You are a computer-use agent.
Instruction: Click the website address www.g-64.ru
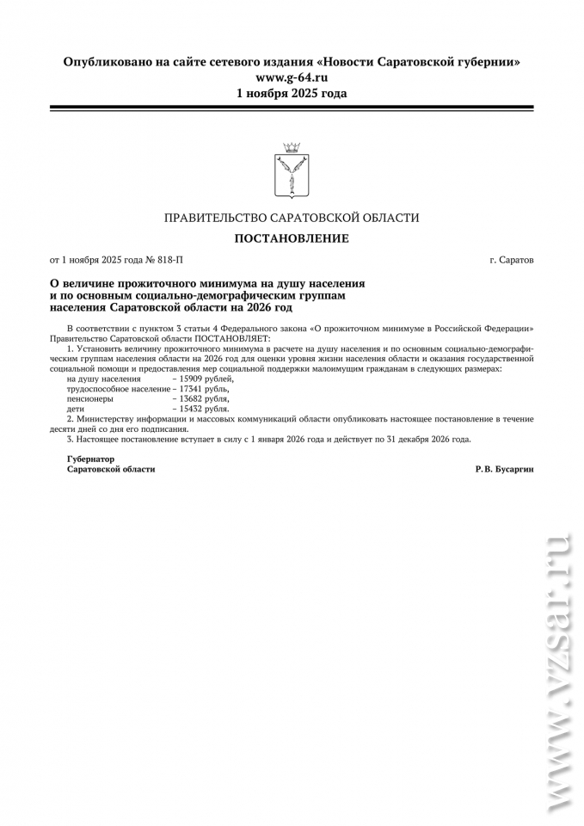pos(292,77)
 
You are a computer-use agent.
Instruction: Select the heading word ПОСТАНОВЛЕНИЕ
pos(292,238)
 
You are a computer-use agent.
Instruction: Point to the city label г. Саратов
pos(511,259)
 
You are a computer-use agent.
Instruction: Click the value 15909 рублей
pos(206,379)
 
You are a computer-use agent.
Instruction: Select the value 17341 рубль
pos(204,389)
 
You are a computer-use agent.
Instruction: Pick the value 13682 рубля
pos(204,399)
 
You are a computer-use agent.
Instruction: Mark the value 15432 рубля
pos(204,410)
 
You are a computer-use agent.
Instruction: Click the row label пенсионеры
pos(89,399)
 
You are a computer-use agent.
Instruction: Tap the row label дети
pos(76,410)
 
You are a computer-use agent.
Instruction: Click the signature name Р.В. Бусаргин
pos(503,469)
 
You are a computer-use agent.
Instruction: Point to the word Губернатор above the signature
pos(90,459)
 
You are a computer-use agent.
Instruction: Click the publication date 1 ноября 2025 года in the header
pos(292,93)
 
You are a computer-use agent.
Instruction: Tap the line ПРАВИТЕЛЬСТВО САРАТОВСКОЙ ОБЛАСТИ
pos(292,218)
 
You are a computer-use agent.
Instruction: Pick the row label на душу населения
pos(103,379)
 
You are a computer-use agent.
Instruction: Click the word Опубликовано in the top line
pos(104,62)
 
